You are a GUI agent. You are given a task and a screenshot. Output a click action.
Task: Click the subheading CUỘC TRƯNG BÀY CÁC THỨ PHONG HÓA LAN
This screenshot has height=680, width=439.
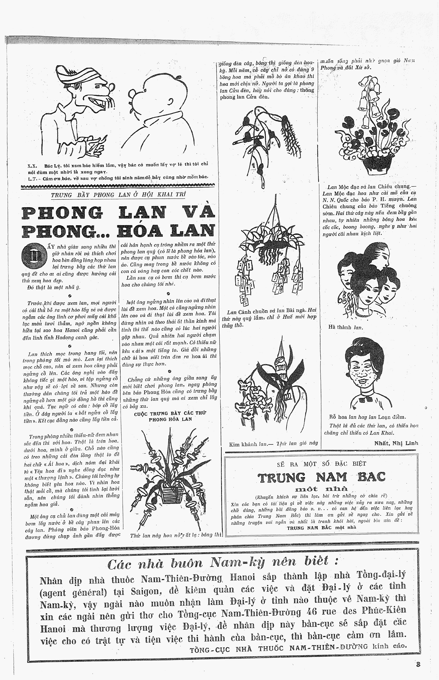[x=170, y=416]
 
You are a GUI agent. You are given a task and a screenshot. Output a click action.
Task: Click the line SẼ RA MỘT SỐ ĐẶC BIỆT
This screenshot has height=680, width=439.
[x=321, y=464]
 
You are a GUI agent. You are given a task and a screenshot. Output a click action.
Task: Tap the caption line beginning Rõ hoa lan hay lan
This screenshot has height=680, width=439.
[x=367, y=417]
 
